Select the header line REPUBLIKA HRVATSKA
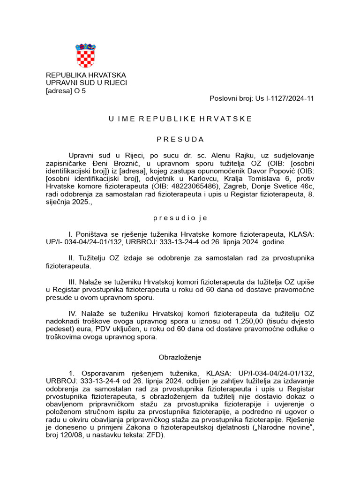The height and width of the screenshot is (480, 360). (x=86, y=75)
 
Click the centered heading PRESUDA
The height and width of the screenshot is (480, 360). (x=180, y=139)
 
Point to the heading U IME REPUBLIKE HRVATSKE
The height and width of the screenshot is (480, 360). (x=180, y=119)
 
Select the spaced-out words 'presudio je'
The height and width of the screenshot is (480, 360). (x=180, y=218)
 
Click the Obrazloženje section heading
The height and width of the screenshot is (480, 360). (x=180, y=357)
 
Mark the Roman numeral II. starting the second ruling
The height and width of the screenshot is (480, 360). (x=72, y=258)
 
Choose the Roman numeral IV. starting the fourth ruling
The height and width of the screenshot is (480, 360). (x=73, y=314)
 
